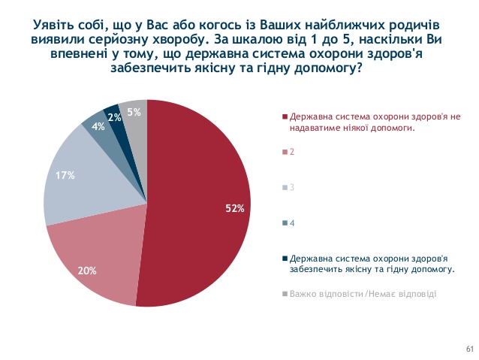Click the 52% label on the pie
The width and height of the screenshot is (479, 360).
pyautogui.click(x=235, y=208)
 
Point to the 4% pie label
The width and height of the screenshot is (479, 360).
pyautogui.click(x=98, y=127)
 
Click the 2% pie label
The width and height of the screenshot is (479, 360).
pyautogui.click(x=116, y=117)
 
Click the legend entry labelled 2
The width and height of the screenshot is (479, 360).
pyautogui.click(x=291, y=151)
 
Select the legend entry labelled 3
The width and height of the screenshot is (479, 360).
pyautogui.click(x=291, y=186)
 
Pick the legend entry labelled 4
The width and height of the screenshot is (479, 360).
pyautogui.click(x=291, y=222)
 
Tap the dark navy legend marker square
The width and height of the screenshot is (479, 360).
pyautogui.click(x=285, y=257)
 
